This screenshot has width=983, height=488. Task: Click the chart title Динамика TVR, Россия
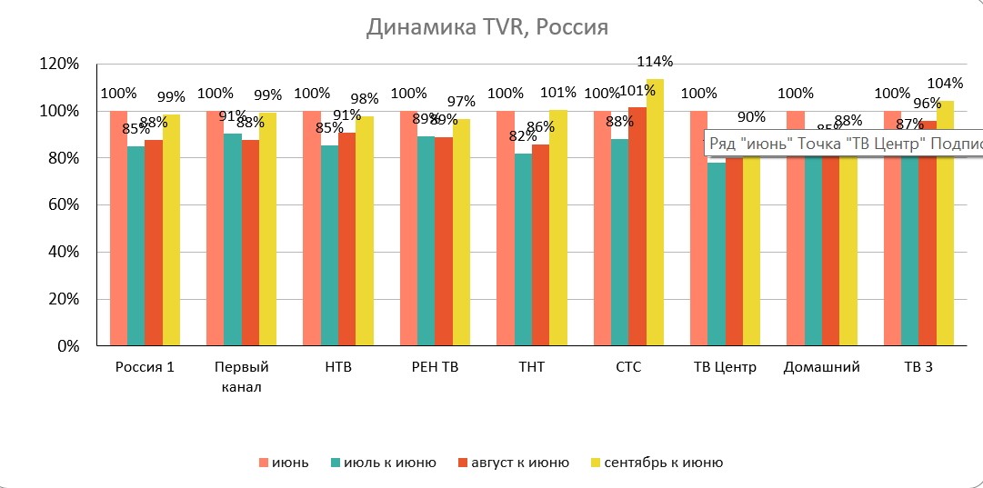pos(486,27)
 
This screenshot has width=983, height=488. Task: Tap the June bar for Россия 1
pos(118,227)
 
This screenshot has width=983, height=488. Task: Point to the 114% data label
pos(656,62)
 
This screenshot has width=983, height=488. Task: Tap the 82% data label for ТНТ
pos(522,136)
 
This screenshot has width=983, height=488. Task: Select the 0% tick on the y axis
pos(69,346)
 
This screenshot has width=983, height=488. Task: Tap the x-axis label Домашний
pos(821,368)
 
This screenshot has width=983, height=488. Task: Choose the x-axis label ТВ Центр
pos(724,368)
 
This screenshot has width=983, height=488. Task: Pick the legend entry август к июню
pos(527,463)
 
